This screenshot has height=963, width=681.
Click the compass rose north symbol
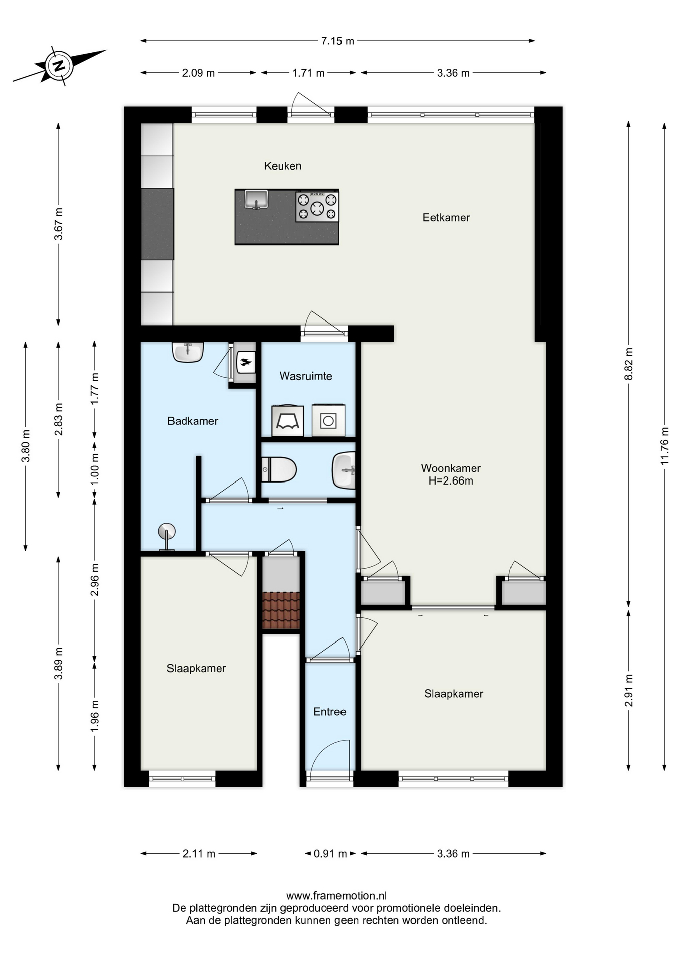pos(60,65)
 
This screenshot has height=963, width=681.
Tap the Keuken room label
pos(283,166)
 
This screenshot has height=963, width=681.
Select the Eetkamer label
pos(446,217)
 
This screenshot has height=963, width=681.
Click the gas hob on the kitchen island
pos(317,206)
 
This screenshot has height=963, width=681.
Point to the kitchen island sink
pos(256,199)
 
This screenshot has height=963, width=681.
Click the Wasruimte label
pos(306,376)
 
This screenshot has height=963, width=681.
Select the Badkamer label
pos(193,421)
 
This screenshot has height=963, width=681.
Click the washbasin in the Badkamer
pos(188,352)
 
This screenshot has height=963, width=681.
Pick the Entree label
pos(330,711)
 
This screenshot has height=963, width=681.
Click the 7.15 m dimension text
pos(337,41)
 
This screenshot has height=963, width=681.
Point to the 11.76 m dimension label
pos(665,446)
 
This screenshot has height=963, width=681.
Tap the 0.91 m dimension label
pos(330,853)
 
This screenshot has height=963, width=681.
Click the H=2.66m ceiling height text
pos(451,481)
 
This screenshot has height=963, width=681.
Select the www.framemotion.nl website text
pos(336,896)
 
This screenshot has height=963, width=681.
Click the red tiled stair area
pos(281,610)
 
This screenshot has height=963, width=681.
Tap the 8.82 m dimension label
pos(629,364)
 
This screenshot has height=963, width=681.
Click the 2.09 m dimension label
pos(198,73)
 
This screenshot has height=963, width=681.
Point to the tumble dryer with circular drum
pos(328,420)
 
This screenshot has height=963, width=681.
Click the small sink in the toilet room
pos(344,470)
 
